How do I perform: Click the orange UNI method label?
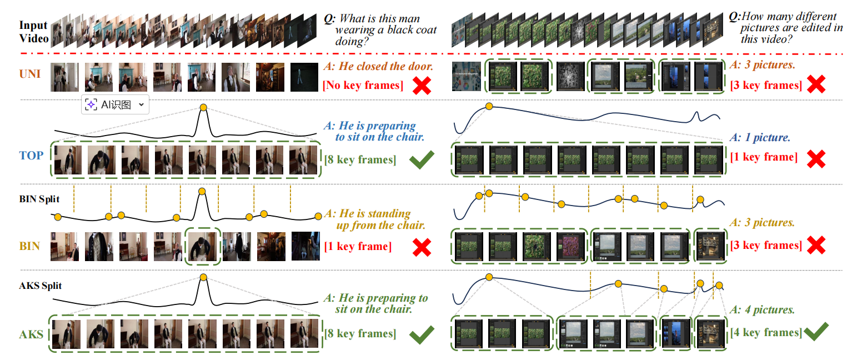[x=30, y=74]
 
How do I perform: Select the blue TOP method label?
[x=31, y=156]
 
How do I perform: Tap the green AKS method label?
[x=31, y=334]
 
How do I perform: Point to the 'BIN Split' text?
[x=39, y=199]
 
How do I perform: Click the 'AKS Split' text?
[x=40, y=286]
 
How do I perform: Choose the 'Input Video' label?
[x=34, y=32]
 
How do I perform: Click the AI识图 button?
[x=115, y=104]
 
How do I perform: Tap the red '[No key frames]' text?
[x=363, y=85]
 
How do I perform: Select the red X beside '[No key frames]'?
[x=422, y=86]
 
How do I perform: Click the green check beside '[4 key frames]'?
[x=816, y=332]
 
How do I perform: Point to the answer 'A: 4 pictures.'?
[x=762, y=309]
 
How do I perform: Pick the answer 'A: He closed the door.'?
[x=379, y=66]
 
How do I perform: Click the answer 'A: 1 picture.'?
[x=760, y=137]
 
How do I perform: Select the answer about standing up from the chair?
[x=375, y=219]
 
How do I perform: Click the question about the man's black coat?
[x=380, y=30]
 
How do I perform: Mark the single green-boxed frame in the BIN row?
[x=203, y=246]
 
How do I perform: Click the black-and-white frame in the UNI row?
[x=570, y=77]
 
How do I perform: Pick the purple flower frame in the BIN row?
[x=570, y=246]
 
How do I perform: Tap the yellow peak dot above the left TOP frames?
[x=203, y=107]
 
